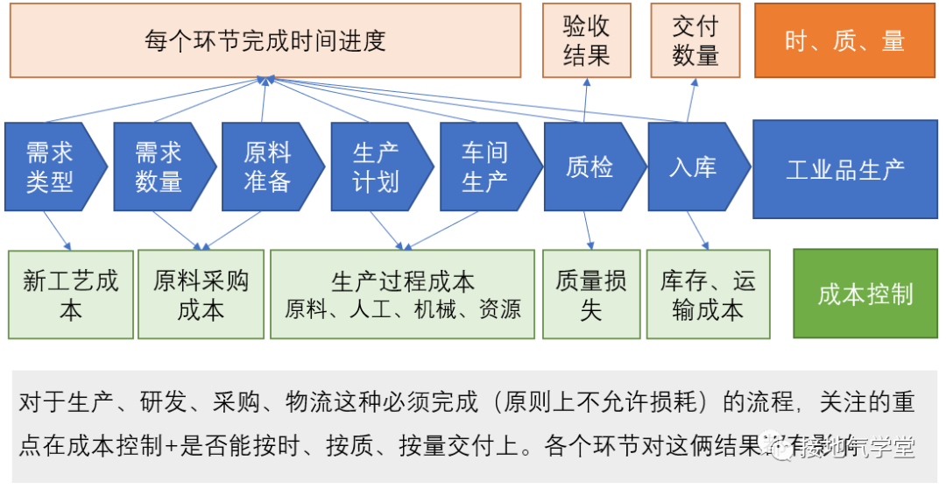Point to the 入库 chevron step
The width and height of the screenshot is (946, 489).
coord(695,167)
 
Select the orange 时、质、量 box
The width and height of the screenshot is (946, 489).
coord(845,40)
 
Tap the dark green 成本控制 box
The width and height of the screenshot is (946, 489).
coord(865,294)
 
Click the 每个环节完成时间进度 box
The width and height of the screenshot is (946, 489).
coord(265,40)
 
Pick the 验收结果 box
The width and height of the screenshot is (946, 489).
coord(586,40)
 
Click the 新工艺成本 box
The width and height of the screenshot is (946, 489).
coord(71,294)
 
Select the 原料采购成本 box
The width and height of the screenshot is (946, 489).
coord(201,294)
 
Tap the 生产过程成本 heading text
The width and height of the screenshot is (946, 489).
coord(402,281)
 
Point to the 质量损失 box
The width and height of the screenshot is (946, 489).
coord(590,294)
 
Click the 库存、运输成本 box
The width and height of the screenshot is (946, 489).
coord(708,294)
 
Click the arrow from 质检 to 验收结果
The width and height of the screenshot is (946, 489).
coord(585,100)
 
